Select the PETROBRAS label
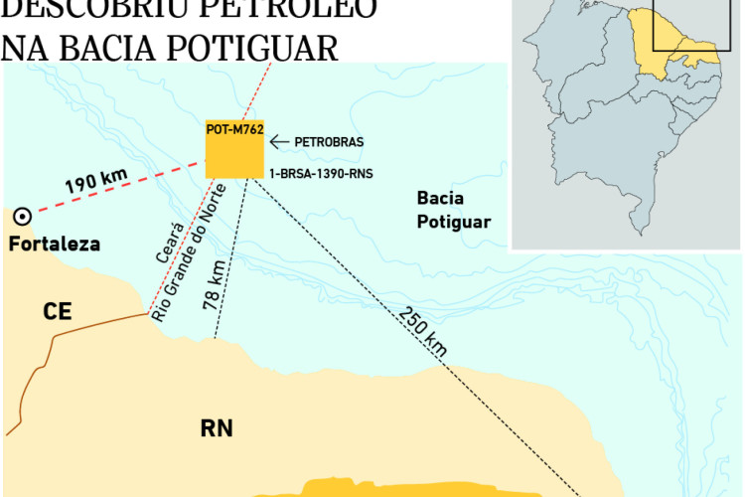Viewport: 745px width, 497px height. (x=329, y=142)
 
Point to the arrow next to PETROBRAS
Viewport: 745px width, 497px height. (x=280, y=142)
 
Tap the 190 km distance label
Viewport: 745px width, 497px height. (x=97, y=183)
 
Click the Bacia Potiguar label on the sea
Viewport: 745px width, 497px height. (x=454, y=211)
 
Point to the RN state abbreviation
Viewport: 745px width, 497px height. (x=216, y=428)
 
